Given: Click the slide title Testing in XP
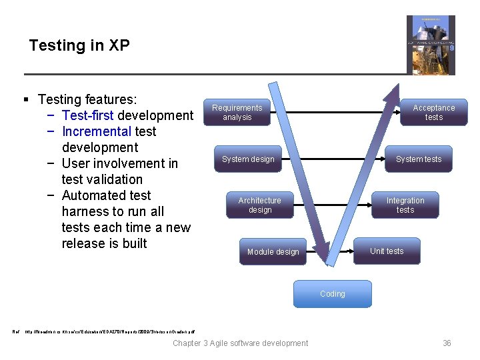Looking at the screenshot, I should [79, 45].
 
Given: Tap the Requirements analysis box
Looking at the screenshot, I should [237, 112].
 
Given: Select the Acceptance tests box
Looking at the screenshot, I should [433, 112].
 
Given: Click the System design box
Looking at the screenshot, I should [248, 159].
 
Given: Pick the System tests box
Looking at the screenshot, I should [419, 159].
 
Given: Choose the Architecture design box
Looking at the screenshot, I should [260, 205].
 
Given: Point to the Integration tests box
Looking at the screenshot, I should [405, 205].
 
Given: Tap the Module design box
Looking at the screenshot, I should [273, 251].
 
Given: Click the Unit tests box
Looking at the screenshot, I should [387, 251].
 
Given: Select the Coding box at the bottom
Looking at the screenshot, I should [332, 293].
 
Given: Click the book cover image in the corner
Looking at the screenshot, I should [431, 45].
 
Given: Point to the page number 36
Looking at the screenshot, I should [447, 343].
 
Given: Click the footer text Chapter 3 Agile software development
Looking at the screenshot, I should [240, 343].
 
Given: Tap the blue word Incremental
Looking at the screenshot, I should [96, 131].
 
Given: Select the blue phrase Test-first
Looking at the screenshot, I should [87, 115].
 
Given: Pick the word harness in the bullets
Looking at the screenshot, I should [86, 211].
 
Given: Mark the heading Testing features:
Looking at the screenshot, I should [87, 99].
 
